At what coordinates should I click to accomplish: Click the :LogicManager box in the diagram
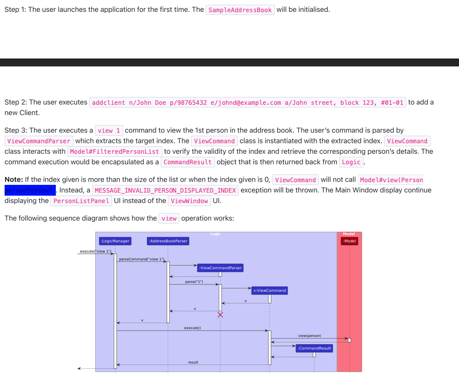[x=115, y=241]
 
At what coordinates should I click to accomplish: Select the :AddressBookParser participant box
[x=168, y=241]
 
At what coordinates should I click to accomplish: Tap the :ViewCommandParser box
[x=220, y=268]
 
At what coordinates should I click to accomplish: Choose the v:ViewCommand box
[x=269, y=291]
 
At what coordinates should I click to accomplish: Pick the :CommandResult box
[x=314, y=348]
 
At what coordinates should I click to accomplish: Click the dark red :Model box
[x=349, y=241]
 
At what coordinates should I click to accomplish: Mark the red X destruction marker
[x=220, y=315]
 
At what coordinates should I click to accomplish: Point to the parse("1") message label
[x=194, y=282]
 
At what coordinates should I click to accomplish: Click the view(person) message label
[x=309, y=335]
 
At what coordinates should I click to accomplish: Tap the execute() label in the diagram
[x=192, y=328]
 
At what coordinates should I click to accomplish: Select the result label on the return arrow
[x=193, y=362]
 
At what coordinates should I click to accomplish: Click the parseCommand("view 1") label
[x=141, y=259]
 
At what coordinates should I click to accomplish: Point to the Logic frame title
[x=215, y=234]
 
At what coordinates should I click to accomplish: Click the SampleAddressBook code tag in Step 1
[x=240, y=10]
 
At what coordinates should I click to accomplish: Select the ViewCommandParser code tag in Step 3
[x=39, y=141]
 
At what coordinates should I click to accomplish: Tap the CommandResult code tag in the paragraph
[x=188, y=162]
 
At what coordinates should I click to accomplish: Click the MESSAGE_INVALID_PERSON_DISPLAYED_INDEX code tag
[x=165, y=190]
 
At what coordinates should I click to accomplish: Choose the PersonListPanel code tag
[x=81, y=201]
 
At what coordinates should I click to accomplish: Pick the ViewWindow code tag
[x=189, y=201]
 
